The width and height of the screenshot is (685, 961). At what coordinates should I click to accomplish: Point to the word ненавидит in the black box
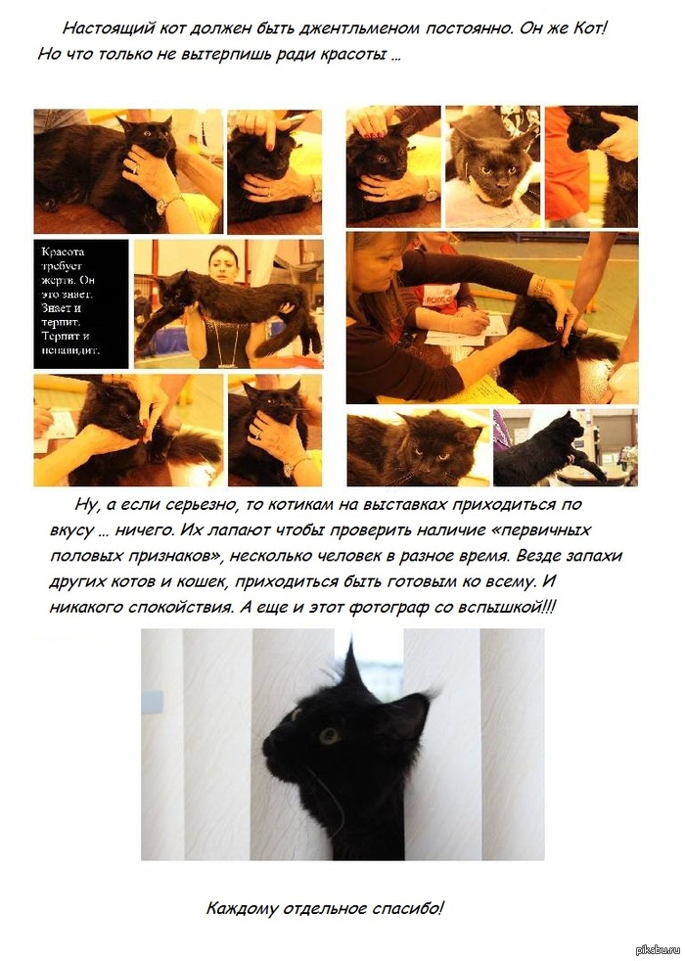(x=70, y=350)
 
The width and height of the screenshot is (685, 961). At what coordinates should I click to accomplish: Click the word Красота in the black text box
(x=63, y=252)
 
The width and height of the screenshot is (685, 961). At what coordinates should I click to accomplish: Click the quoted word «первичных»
(x=541, y=529)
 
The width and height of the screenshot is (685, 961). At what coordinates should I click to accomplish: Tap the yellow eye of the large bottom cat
(x=329, y=736)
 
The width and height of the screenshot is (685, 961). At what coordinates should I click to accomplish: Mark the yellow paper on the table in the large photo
(x=485, y=390)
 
